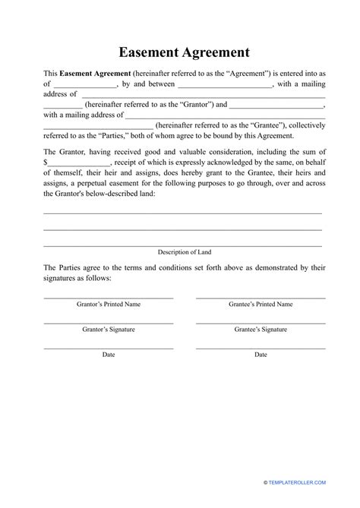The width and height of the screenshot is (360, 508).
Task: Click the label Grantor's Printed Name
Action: click(x=109, y=304)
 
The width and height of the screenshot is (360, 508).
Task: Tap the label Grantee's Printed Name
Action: click(x=261, y=304)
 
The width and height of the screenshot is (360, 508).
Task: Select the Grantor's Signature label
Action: click(x=109, y=330)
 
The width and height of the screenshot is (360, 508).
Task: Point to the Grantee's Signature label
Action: click(x=261, y=330)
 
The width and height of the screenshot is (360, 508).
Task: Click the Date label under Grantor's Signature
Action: click(x=109, y=355)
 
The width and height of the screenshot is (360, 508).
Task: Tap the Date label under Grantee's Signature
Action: click(x=261, y=355)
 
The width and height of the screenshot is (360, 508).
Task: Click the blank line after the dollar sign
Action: click(x=79, y=163)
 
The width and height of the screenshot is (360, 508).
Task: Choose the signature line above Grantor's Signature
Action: click(x=109, y=322)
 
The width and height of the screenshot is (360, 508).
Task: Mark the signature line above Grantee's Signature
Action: click(x=261, y=322)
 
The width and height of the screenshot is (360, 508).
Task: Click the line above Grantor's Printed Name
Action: click(x=109, y=297)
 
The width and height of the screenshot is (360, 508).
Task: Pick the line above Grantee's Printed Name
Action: click(x=261, y=297)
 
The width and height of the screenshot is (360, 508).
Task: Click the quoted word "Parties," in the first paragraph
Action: click(x=124, y=136)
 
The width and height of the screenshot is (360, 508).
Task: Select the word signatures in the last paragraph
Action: click(x=65, y=279)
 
